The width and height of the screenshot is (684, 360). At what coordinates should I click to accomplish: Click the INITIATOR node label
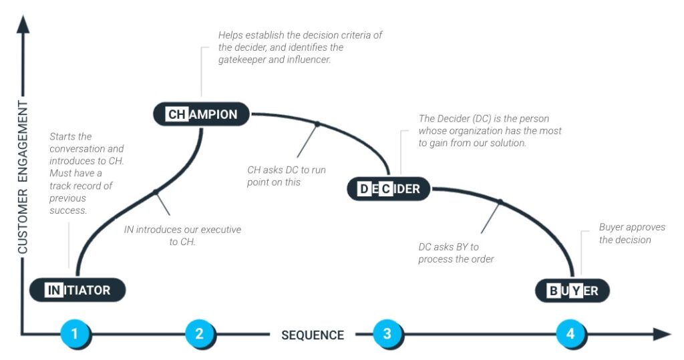click(x=78, y=291)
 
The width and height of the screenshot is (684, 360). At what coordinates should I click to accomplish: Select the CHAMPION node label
click(x=202, y=114)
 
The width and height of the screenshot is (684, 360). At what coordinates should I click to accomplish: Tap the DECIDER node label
click(x=389, y=189)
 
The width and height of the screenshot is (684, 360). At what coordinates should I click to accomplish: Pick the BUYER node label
click(x=572, y=291)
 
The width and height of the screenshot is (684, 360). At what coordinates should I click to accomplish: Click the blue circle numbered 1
click(x=75, y=334)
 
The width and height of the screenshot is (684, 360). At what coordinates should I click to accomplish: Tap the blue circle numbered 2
click(x=199, y=334)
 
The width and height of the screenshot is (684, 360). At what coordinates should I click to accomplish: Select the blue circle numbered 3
click(x=387, y=334)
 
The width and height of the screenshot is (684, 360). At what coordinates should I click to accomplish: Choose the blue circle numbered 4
click(x=570, y=334)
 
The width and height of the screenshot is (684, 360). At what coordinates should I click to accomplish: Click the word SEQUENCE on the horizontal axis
click(x=313, y=335)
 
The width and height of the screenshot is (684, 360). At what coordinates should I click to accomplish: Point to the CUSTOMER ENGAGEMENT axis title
click(x=23, y=177)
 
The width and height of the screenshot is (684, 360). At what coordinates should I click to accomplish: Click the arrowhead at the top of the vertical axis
click(x=23, y=24)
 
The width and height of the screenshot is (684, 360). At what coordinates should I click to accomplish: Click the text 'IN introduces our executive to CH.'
click(x=182, y=236)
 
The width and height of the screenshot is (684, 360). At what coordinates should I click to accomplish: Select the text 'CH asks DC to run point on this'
click(x=287, y=176)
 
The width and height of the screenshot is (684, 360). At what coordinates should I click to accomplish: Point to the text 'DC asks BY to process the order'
click(x=456, y=253)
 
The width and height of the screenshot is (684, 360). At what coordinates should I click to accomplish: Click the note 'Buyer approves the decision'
click(x=631, y=234)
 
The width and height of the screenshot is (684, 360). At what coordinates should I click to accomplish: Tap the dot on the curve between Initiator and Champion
click(x=155, y=192)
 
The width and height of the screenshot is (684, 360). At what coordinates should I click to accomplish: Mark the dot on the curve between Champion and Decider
click(x=317, y=124)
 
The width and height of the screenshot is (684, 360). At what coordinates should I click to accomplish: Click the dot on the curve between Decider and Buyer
click(x=500, y=201)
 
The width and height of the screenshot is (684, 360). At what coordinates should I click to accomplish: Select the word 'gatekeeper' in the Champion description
click(x=244, y=60)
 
